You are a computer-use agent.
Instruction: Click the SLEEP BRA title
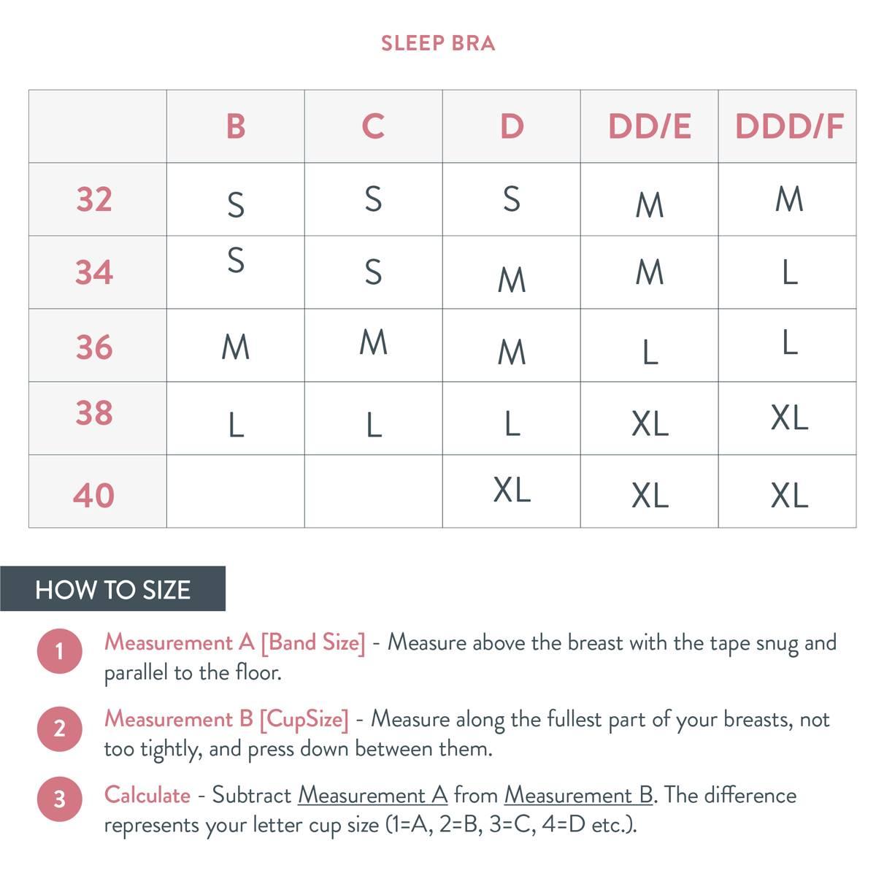(438, 44)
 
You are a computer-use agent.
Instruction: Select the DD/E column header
(650, 126)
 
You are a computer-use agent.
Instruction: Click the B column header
(236, 126)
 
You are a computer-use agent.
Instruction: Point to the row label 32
(94, 199)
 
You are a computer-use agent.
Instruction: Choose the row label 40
(93, 495)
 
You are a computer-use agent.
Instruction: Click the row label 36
(94, 347)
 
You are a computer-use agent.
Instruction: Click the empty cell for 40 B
(236, 491)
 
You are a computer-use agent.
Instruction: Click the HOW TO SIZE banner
(112, 588)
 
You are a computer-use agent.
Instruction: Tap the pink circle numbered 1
(60, 651)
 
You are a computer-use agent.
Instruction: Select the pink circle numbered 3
(60, 799)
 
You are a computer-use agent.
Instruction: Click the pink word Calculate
(147, 795)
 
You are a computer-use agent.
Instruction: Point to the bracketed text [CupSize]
(304, 720)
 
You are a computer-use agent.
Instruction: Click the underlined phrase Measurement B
(579, 795)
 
